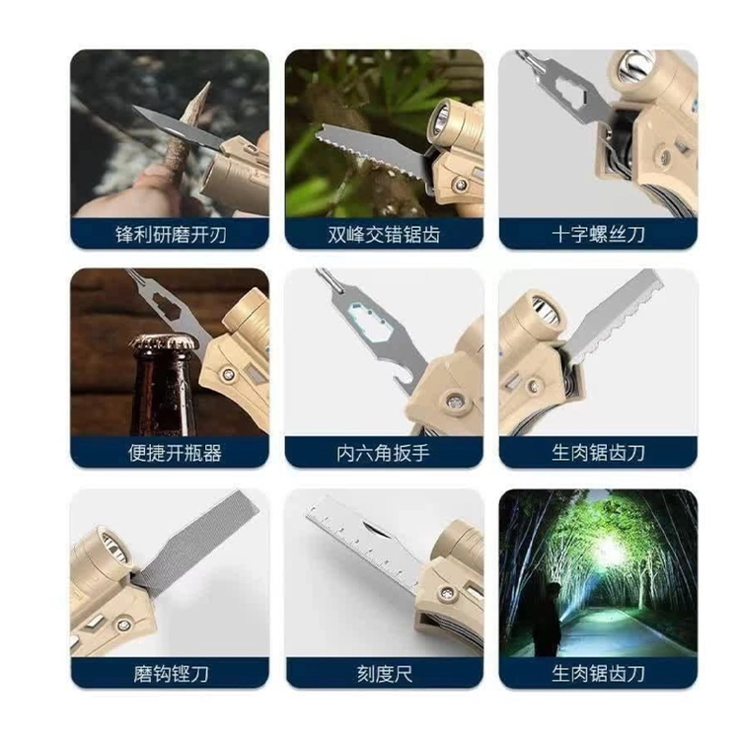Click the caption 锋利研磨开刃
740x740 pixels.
(x=171, y=234)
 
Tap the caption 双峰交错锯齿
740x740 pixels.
(x=384, y=234)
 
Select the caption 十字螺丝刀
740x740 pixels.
(x=599, y=234)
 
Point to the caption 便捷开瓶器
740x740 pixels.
(x=175, y=453)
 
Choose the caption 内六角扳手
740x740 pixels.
(x=383, y=453)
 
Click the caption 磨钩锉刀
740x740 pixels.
(x=171, y=674)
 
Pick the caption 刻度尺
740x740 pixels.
(x=385, y=674)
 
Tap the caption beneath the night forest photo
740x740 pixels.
(x=599, y=674)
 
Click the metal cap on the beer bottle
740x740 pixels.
(x=165, y=342)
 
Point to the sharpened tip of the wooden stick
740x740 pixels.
(x=208, y=84)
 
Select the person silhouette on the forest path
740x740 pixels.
(x=547, y=619)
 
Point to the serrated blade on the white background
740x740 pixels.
(x=615, y=316)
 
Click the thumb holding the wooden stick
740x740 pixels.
(x=156, y=182)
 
